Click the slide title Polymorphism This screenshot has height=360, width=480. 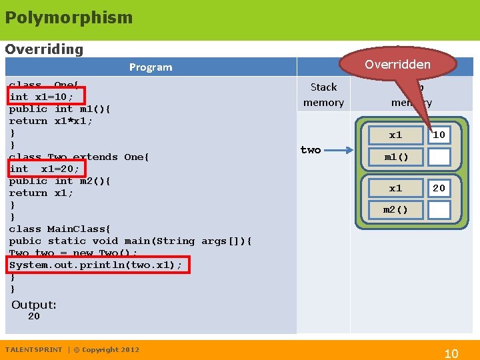69,17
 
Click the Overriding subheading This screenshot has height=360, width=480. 44,49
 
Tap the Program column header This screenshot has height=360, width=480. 151,67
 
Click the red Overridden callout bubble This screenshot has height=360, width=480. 398,64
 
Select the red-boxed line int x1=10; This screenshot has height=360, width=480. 41,97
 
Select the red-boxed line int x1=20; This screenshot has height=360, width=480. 44,169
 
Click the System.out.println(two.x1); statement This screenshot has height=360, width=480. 95,265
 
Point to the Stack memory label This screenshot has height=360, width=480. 323,95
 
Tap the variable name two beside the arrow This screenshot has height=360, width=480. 310,150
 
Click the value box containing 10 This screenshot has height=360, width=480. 439,135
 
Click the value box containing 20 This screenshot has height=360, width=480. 439,188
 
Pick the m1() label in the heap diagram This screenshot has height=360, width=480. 395,157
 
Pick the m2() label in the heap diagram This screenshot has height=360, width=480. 395,210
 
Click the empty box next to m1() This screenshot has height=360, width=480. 439,157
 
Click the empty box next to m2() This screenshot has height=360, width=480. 439,210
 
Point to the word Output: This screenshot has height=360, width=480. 34,305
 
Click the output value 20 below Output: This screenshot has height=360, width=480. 33,317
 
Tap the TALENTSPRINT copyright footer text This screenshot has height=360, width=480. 72,349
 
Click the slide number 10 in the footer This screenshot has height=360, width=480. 451,353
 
